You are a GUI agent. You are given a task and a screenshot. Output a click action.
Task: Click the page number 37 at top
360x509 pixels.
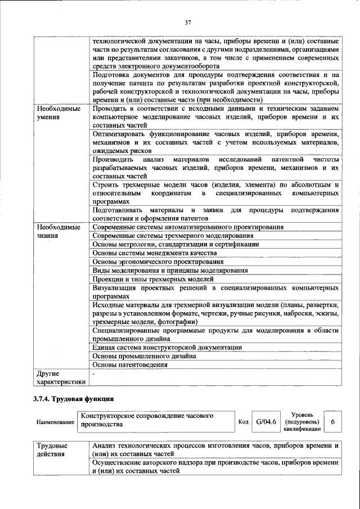point(188,22)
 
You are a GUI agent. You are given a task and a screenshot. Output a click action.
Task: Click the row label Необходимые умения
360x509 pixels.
point(58,112)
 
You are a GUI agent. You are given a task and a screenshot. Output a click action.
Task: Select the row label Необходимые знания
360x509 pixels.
point(58,231)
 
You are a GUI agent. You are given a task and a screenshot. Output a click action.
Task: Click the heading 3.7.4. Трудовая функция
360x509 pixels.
point(74,399)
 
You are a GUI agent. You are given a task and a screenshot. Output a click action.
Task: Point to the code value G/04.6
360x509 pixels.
point(266,421)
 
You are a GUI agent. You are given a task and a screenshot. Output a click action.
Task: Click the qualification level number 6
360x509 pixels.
point(333,421)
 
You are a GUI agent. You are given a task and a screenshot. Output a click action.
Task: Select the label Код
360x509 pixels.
point(243,422)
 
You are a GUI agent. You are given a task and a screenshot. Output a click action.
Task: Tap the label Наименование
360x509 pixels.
point(55,422)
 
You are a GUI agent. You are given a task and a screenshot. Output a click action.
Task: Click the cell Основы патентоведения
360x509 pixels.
point(130,364)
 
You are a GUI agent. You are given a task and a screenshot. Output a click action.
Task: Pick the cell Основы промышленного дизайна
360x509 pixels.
point(144,356)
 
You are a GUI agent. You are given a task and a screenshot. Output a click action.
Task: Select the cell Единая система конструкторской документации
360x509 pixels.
point(167,348)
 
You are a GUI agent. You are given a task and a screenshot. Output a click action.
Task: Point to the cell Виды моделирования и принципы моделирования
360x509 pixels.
point(169,270)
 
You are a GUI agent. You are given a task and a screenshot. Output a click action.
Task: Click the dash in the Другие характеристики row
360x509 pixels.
point(94,373)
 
